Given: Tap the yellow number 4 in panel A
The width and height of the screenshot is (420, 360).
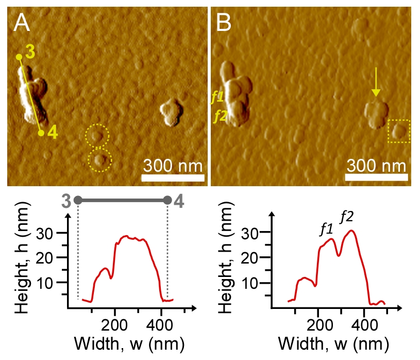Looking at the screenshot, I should pos(53,133).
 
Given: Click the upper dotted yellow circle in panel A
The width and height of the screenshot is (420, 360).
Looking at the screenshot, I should pos(97,135).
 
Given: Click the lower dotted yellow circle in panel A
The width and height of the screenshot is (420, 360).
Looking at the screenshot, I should pos(99,159).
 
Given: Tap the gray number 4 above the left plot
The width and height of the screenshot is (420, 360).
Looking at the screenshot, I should pos(178,201).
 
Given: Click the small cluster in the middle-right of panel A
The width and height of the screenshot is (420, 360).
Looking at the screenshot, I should pos(171,113).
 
